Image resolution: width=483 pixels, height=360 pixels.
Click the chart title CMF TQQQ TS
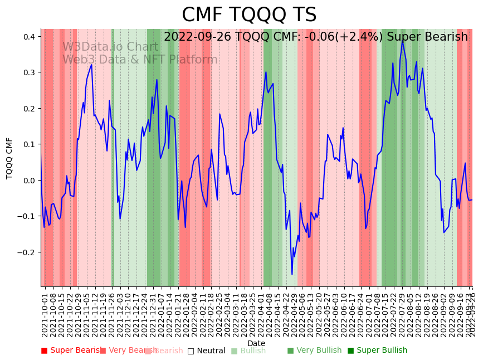tap(249, 15)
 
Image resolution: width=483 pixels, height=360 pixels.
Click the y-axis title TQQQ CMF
tap(9, 158)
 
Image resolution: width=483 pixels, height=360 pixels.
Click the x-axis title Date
tap(256, 343)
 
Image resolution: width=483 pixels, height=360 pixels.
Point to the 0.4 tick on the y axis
tap(29, 37)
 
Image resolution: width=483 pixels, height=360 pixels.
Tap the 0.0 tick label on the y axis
tap(29, 181)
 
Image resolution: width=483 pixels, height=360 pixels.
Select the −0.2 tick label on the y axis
tap(27, 252)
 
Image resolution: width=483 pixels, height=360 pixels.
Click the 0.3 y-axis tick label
tap(29, 72)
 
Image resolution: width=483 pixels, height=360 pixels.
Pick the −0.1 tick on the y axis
tap(27, 216)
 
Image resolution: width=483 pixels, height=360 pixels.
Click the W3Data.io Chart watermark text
tap(110, 47)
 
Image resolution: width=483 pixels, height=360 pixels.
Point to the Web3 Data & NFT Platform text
tap(140, 60)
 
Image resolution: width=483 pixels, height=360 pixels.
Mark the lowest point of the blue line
tap(292, 274)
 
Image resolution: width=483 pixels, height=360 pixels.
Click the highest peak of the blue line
tap(403, 40)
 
